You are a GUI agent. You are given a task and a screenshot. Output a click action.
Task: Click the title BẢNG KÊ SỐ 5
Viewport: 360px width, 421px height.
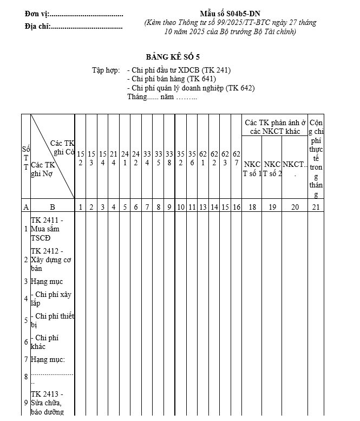pyautogui.click(x=176, y=57)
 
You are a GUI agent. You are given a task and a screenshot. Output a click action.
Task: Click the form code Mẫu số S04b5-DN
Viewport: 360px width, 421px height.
pyautogui.click(x=230, y=13)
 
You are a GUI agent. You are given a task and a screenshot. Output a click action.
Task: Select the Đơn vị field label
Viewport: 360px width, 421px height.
pyautogui.click(x=36, y=14)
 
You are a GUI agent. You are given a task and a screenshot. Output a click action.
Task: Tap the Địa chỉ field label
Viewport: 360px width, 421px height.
pyautogui.click(x=37, y=26)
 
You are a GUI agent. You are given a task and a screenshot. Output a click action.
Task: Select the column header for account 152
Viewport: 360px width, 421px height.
pyautogui.click(x=80, y=159)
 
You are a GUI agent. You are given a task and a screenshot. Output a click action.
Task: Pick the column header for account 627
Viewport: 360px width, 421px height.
pyautogui.click(x=237, y=159)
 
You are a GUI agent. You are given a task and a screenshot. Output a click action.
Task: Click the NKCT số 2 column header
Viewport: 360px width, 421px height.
pyautogui.click(x=272, y=169)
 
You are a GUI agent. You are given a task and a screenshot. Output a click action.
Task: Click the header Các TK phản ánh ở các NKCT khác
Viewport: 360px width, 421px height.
pyautogui.click(x=275, y=127)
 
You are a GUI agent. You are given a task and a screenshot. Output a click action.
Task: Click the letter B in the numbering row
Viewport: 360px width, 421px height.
pyautogui.click(x=53, y=206)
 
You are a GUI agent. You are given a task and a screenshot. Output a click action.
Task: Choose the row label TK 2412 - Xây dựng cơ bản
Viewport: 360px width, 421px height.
pyautogui.click(x=51, y=260)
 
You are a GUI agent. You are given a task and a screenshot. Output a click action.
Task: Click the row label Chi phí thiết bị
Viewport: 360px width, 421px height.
pyautogui.click(x=52, y=320)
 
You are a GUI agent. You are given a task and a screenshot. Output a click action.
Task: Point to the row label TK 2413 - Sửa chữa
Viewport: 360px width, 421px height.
pyautogui.click(x=47, y=403)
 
